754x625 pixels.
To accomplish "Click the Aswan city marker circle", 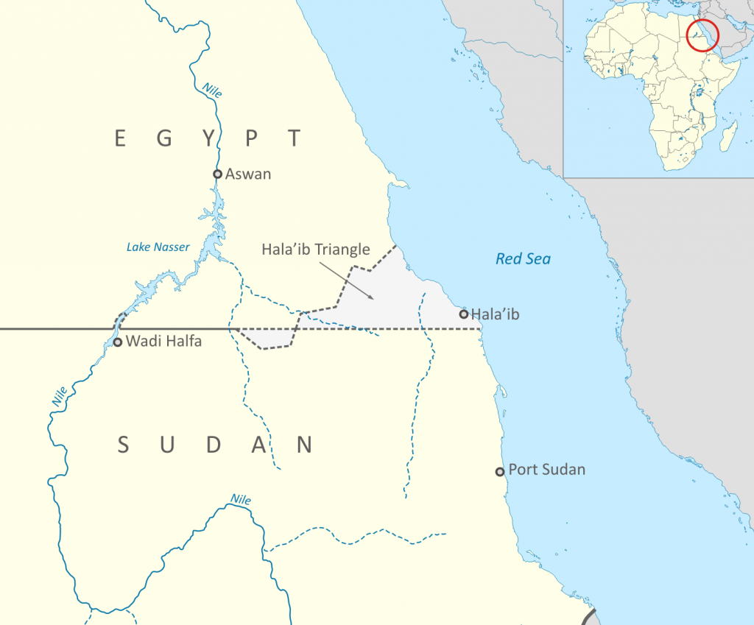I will coord(217,174).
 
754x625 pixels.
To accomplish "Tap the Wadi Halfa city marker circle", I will coord(117,342).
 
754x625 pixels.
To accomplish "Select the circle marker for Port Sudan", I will coord(500,471).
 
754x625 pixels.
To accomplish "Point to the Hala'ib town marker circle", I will coord(463,314).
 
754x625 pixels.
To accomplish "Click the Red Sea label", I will coord(523,258).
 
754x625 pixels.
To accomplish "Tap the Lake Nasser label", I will coord(158,247).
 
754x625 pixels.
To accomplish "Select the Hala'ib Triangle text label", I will coord(316,250).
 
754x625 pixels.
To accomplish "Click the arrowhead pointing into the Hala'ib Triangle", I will coord(372,297).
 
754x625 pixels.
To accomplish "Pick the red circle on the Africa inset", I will coord(702,35).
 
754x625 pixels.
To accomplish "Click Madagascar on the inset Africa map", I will coord(729,137).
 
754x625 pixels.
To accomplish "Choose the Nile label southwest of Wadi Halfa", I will coord(60,396).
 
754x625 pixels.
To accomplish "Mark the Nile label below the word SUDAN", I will coord(241,500).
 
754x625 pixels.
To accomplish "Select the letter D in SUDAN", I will coord(214,445).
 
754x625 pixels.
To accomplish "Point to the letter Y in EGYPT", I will coord(211,138).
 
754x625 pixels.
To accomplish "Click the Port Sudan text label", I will coord(547,470).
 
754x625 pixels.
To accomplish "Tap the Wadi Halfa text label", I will coord(163,341).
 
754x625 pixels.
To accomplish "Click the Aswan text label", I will coord(248,174).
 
